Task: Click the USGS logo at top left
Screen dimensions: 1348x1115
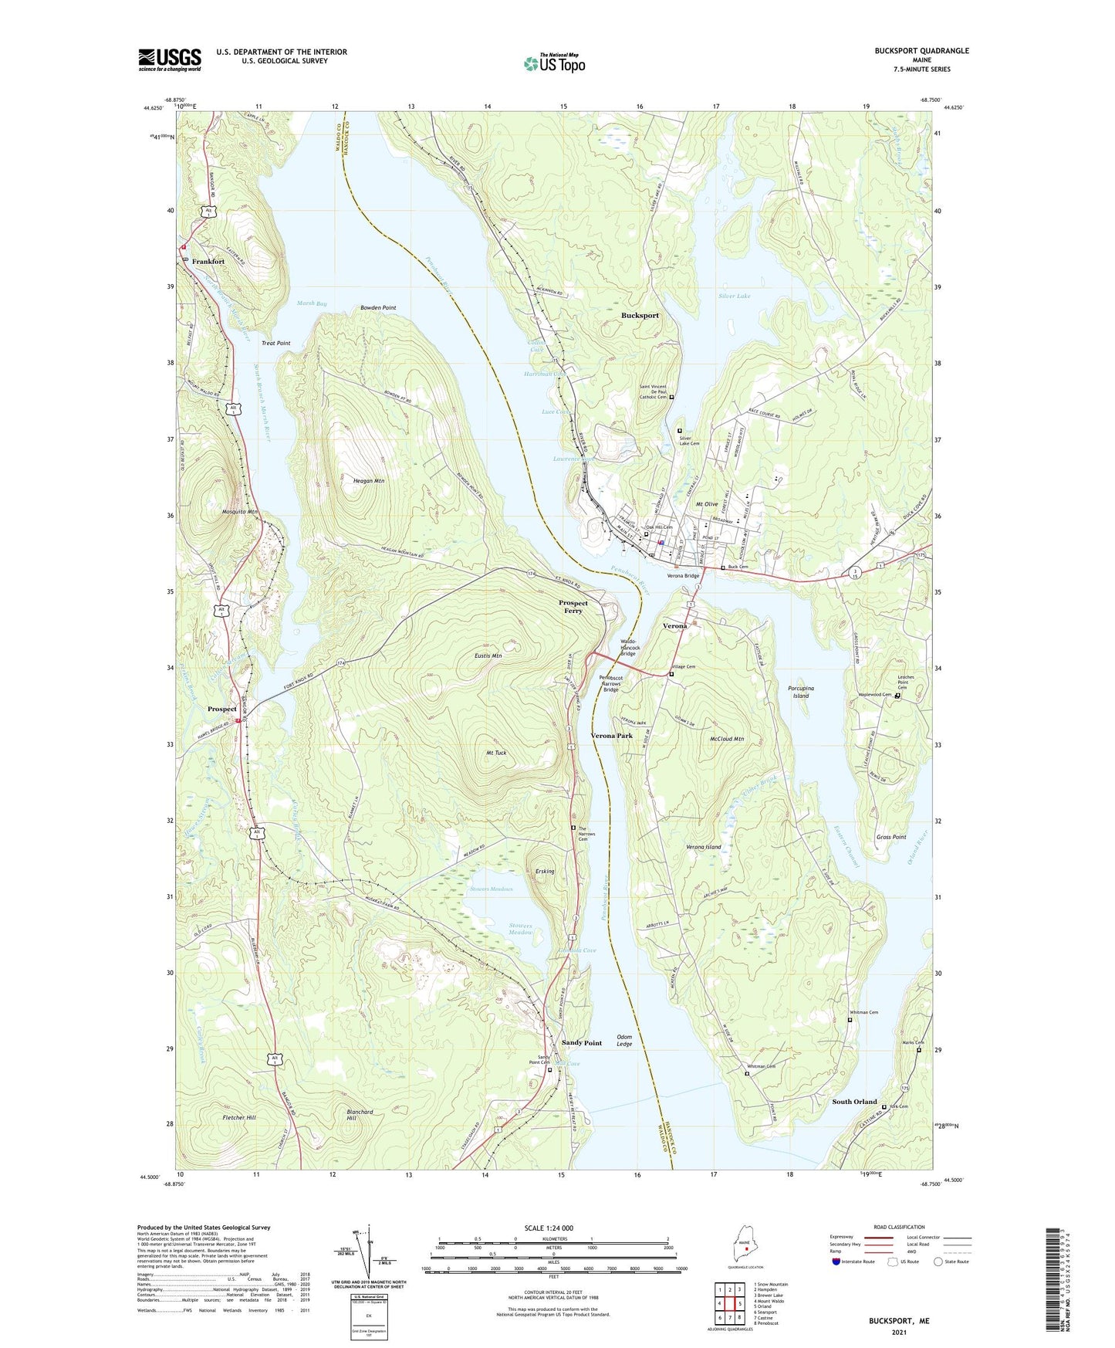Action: [169, 59]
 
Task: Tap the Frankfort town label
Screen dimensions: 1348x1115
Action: [208, 262]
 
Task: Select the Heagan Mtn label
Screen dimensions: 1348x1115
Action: [368, 481]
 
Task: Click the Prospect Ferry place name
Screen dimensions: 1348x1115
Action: [573, 607]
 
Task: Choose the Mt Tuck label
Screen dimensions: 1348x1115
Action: [496, 753]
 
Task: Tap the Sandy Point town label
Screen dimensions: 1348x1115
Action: [581, 1043]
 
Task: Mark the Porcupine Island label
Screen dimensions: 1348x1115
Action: [801, 692]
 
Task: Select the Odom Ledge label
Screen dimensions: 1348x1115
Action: [624, 1041]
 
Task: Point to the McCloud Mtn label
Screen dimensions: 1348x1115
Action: [726, 739]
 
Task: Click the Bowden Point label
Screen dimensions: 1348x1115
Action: [378, 308]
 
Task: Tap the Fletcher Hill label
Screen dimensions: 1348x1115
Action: [239, 1118]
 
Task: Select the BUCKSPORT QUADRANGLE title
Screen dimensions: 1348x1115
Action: [921, 51]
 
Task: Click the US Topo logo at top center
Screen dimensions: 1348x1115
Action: [553, 63]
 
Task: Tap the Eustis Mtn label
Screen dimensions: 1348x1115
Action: [488, 656]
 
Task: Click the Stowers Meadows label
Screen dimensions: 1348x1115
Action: [491, 889]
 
